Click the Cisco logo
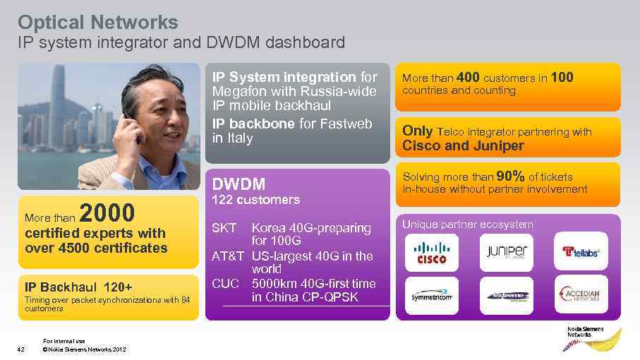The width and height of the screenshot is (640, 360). pos(431,252)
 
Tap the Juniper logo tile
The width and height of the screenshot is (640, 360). pos(506,252)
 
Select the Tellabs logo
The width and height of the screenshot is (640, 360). pos(580,251)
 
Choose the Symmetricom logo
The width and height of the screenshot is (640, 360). pos(431,296)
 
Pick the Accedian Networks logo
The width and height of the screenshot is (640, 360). pos(580,295)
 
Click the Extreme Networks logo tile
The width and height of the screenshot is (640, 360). pos(506,296)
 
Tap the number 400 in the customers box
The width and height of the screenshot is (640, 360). pos(468,77)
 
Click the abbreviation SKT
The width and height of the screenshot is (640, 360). pos(225,228)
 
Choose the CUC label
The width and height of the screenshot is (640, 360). pos(227,284)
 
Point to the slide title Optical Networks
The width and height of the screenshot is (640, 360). pos(97,22)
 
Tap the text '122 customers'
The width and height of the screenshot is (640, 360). pos(255,200)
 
